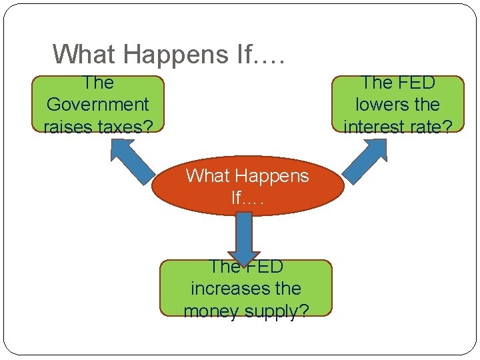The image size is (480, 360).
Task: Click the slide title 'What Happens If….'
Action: tap(169, 54)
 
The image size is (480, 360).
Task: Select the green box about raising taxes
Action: tap(97, 104)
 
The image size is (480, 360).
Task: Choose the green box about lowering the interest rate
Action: tap(398, 104)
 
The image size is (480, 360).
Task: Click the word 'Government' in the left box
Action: tap(97, 105)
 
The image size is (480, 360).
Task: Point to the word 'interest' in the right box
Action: tap(373, 127)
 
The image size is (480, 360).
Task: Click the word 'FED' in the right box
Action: tap(415, 83)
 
